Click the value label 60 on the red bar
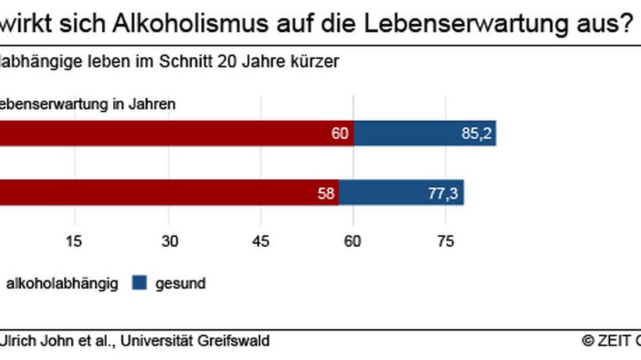pos(339,134)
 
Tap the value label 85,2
pos(476,134)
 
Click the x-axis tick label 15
pos(74,241)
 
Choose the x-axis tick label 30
pos(169,241)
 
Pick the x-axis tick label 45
pos(260,241)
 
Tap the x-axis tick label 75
pos(445,241)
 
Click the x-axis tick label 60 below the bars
pos(353,241)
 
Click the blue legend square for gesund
pos(140,284)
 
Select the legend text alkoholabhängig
pos(62,284)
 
